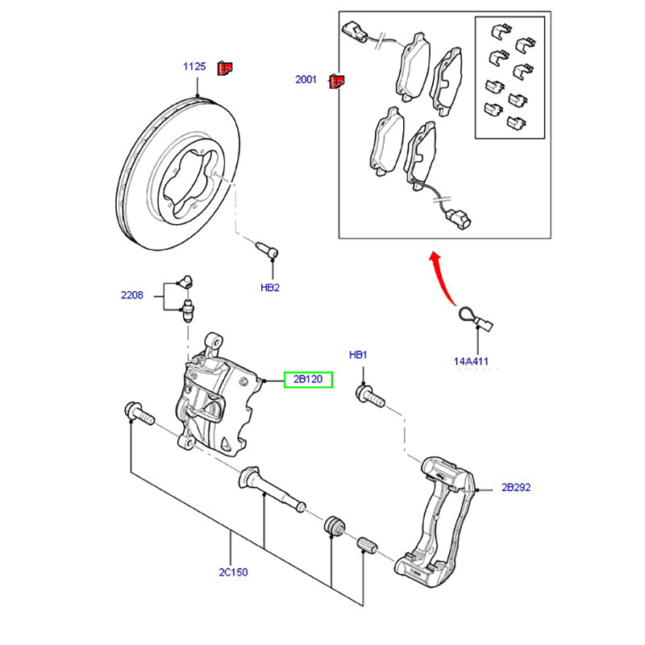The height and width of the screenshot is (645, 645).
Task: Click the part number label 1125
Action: pyautogui.click(x=194, y=67)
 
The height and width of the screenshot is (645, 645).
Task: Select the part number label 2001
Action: pyautogui.click(x=307, y=81)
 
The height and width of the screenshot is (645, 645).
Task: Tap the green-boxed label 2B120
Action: pyautogui.click(x=307, y=380)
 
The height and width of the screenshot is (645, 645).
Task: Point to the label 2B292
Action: pyautogui.click(x=516, y=488)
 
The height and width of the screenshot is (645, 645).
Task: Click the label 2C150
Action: pyautogui.click(x=233, y=572)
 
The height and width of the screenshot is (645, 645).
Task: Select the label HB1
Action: pyautogui.click(x=358, y=355)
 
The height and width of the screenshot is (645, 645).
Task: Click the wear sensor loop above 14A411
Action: pyautogui.click(x=470, y=318)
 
